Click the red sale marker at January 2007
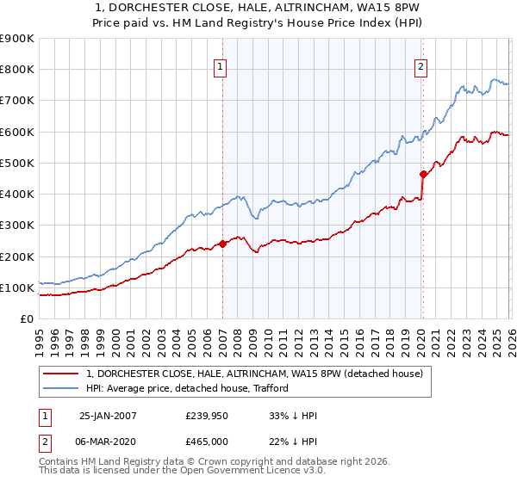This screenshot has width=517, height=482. click(x=222, y=244)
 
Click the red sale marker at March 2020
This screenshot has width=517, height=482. click(x=423, y=174)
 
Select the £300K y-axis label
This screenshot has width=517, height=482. click(x=17, y=226)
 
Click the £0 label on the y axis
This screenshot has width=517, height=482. click(x=26, y=319)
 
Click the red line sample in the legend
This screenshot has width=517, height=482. click(x=62, y=374)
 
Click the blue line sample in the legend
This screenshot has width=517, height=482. click(x=62, y=388)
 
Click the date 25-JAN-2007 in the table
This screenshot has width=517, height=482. click(x=108, y=416)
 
